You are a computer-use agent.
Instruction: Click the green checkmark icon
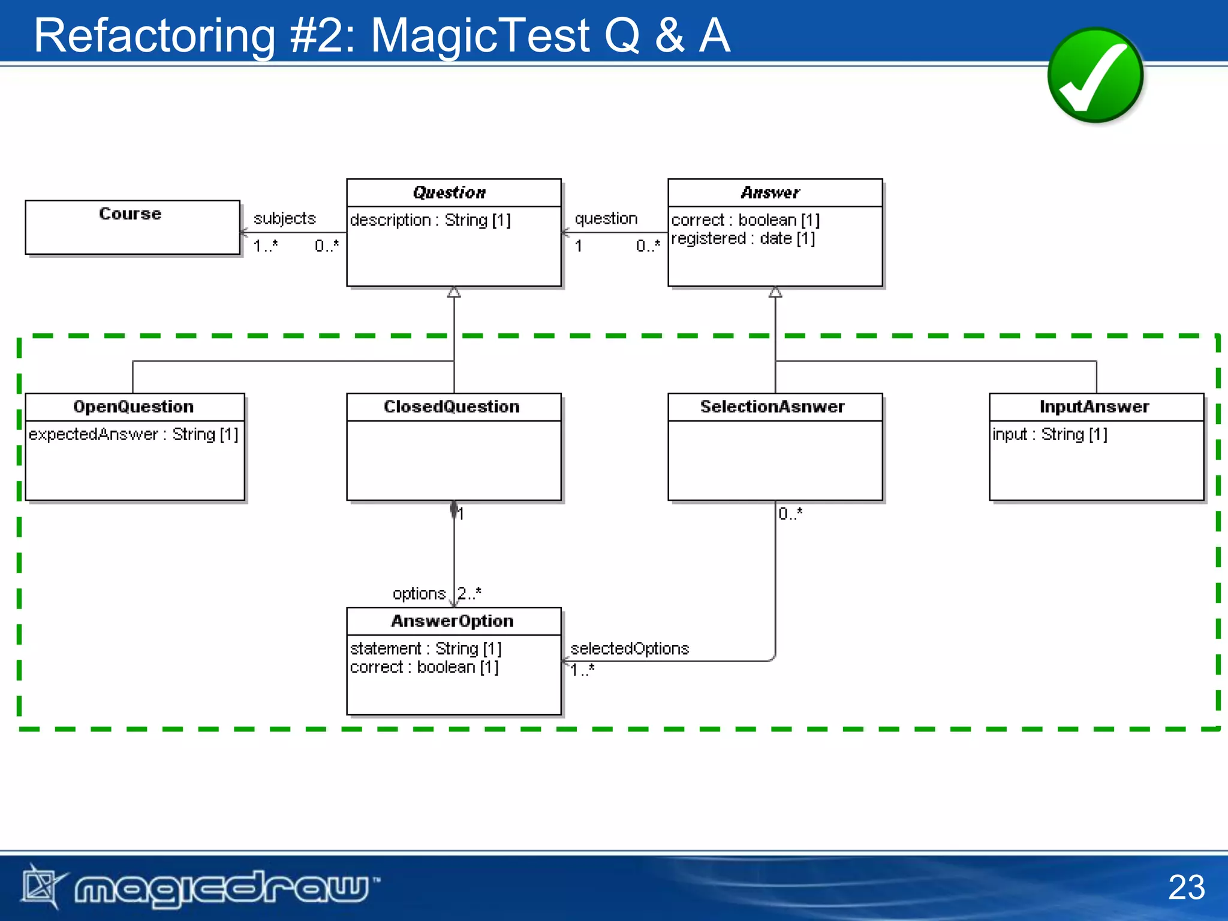(x=1095, y=76)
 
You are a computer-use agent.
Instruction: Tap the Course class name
(x=130, y=214)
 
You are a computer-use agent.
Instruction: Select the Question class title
(x=450, y=192)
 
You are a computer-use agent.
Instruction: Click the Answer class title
(x=770, y=192)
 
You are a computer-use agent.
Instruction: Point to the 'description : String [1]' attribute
(x=430, y=221)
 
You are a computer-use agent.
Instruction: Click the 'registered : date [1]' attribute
(x=743, y=239)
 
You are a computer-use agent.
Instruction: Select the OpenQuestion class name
(x=134, y=407)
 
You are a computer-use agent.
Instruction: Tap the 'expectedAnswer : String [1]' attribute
(x=133, y=434)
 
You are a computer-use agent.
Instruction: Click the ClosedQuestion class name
(x=452, y=407)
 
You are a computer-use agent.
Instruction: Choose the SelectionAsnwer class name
(x=772, y=407)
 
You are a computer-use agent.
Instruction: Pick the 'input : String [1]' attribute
(x=1049, y=434)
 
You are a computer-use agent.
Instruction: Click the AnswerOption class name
(x=452, y=621)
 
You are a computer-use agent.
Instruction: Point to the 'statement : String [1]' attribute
(x=426, y=649)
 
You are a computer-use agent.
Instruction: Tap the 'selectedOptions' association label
(x=630, y=649)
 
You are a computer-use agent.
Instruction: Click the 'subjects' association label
(x=284, y=219)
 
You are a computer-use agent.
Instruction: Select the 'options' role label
(x=419, y=594)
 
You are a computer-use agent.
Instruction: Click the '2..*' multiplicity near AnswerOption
(x=469, y=594)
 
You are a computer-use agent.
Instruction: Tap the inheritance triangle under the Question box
(x=454, y=293)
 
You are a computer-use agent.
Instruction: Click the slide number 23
(x=1186, y=887)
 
